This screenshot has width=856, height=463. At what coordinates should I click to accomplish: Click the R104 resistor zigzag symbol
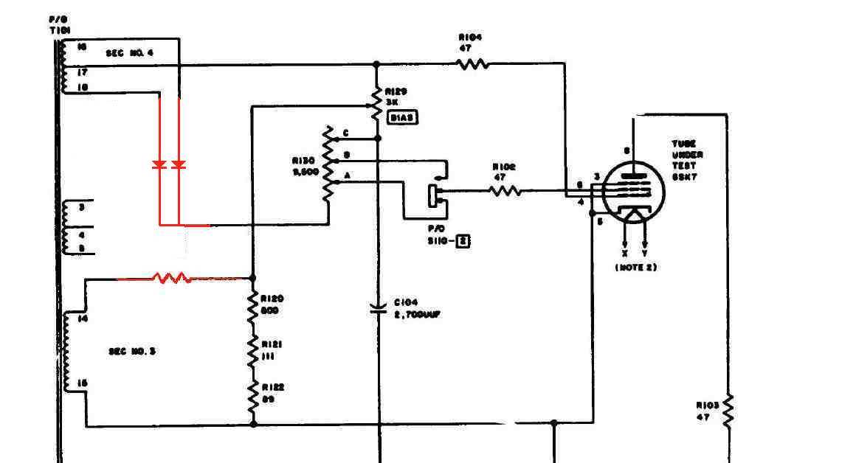[x=474, y=64]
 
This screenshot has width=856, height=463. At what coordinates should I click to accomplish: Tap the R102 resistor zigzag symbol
[x=505, y=191]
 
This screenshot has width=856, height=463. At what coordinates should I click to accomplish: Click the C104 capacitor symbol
[x=378, y=308]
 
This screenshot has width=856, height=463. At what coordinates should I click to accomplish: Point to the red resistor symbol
[x=171, y=279]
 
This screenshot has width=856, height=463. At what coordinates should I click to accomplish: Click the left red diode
[x=159, y=165]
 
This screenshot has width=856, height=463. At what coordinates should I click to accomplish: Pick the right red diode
[x=178, y=165]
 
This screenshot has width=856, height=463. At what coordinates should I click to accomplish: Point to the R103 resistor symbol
[x=728, y=411]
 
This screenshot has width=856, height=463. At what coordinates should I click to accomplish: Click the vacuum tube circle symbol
[x=633, y=193]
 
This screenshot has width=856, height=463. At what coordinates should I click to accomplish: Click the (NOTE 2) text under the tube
[x=635, y=267]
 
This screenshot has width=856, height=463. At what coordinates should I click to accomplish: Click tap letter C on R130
[x=345, y=132]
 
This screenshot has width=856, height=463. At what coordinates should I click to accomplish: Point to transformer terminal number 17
[x=81, y=72]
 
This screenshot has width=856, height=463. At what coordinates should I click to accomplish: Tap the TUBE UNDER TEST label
[x=686, y=156]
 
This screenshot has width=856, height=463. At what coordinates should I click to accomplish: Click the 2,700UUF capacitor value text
[x=418, y=315]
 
